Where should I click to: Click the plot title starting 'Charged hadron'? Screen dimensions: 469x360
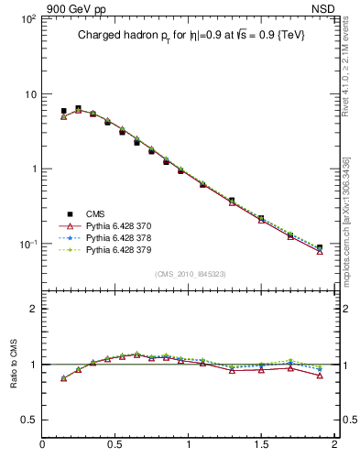tap(191, 35)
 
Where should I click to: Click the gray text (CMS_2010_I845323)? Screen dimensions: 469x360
tap(191, 273)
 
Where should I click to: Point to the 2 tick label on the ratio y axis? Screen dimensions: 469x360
tap(31, 309)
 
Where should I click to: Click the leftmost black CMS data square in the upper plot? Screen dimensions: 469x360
tap(63, 111)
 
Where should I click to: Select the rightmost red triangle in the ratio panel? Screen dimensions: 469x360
tap(320, 376)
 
